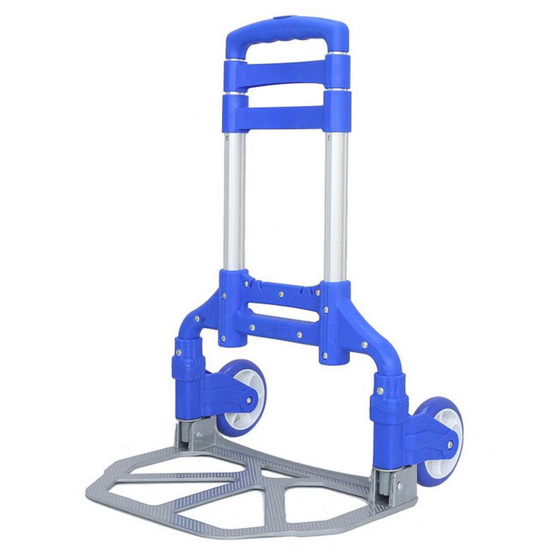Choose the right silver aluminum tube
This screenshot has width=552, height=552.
pyautogui.click(x=336, y=204)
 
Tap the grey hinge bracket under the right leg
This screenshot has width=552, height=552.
pyautogui.click(x=389, y=486)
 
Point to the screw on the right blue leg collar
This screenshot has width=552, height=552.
pyautogui.click(x=380, y=391)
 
